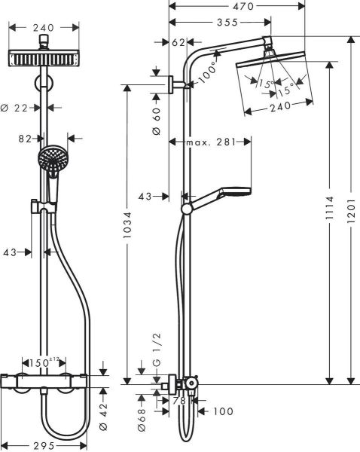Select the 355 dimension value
pyautogui.click(x=219, y=23)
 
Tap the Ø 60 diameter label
pyautogui.click(x=157, y=120)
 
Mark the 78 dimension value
pyautogui.click(x=179, y=401)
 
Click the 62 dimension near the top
pyautogui.click(x=178, y=42)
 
